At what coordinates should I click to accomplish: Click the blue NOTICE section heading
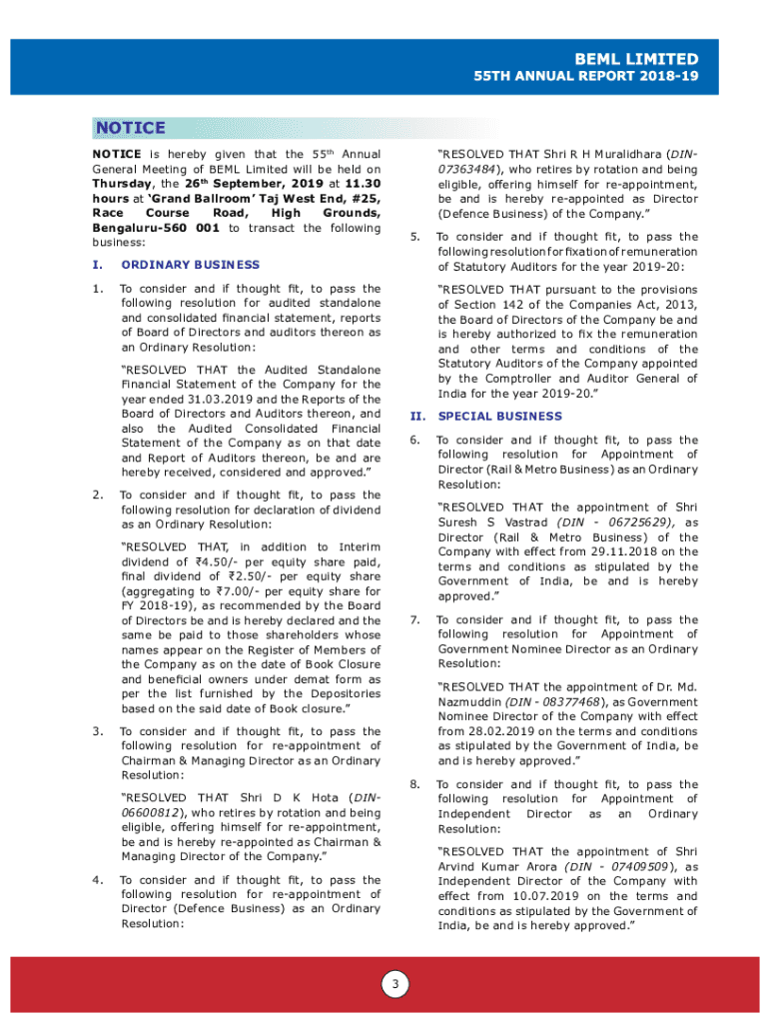(x=130, y=128)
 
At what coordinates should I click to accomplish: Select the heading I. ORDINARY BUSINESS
(x=190, y=265)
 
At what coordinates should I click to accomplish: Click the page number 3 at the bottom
(x=394, y=985)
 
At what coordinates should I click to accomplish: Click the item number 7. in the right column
(x=414, y=619)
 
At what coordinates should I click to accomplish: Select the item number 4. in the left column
(x=97, y=879)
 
